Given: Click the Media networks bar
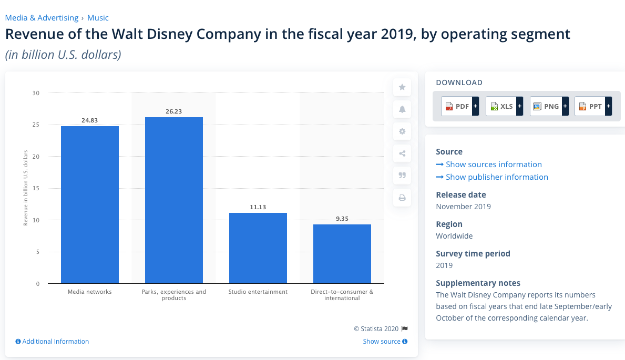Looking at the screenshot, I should pyautogui.click(x=90, y=205).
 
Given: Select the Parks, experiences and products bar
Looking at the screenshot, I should pyautogui.click(x=174, y=200).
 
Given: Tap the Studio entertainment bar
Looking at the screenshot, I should pyautogui.click(x=258, y=248).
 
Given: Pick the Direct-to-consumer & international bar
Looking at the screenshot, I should pyautogui.click(x=342, y=254).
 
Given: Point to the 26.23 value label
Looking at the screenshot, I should pyautogui.click(x=174, y=111).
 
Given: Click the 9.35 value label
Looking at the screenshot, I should pyautogui.click(x=342, y=219).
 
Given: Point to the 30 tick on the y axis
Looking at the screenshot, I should pyautogui.click(x=36, y=93).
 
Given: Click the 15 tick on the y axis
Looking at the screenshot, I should pyautogui.click(x=36, y=188).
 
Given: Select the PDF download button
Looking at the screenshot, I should pyautogui.click(x=460, y=106).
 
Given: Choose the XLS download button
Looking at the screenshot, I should pyautogui.click(x=504, y=106).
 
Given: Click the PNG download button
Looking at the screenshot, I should pyautogui.click(x=549, y=106).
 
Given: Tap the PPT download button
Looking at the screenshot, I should pyautogui.click(x=593, y=106).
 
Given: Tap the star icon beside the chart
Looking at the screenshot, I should pyautogui.click(x=402, y=87).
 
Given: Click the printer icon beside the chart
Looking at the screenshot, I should pyautogui.click(x=402, y=198).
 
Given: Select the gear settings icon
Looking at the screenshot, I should pyautogui.click(x=402, y=131).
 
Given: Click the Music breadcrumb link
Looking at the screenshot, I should pyautogui.click(x=98, y=18).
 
